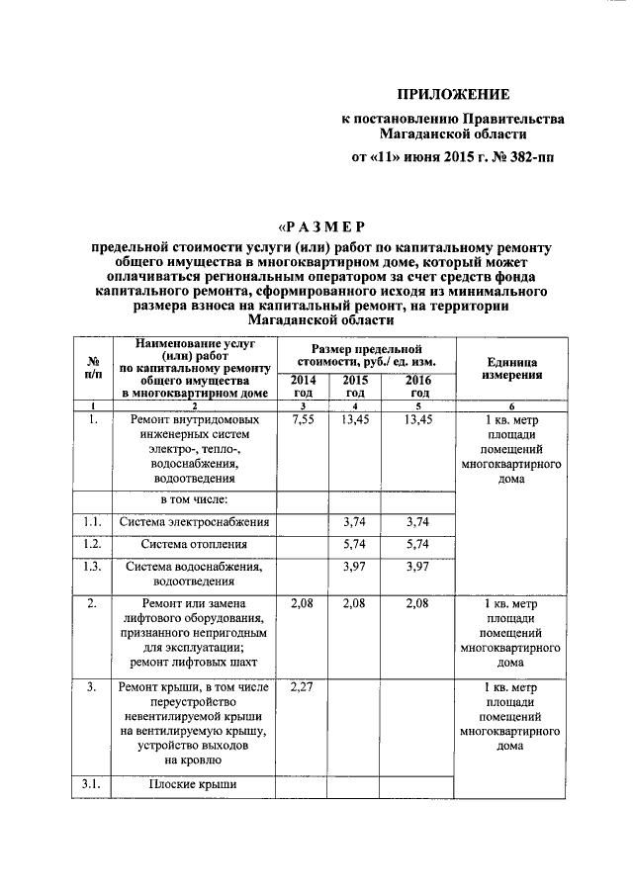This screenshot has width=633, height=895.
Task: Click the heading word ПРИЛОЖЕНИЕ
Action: tap(453, 95)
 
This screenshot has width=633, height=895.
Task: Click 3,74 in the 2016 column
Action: tap(419, 521)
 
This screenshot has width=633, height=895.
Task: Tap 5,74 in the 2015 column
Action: tap(355, 544)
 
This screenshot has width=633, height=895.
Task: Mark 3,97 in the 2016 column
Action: tap(419, 567)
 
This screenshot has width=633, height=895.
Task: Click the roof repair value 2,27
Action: tap(304, 687)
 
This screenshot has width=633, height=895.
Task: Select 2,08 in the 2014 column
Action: tap(304, 602)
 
